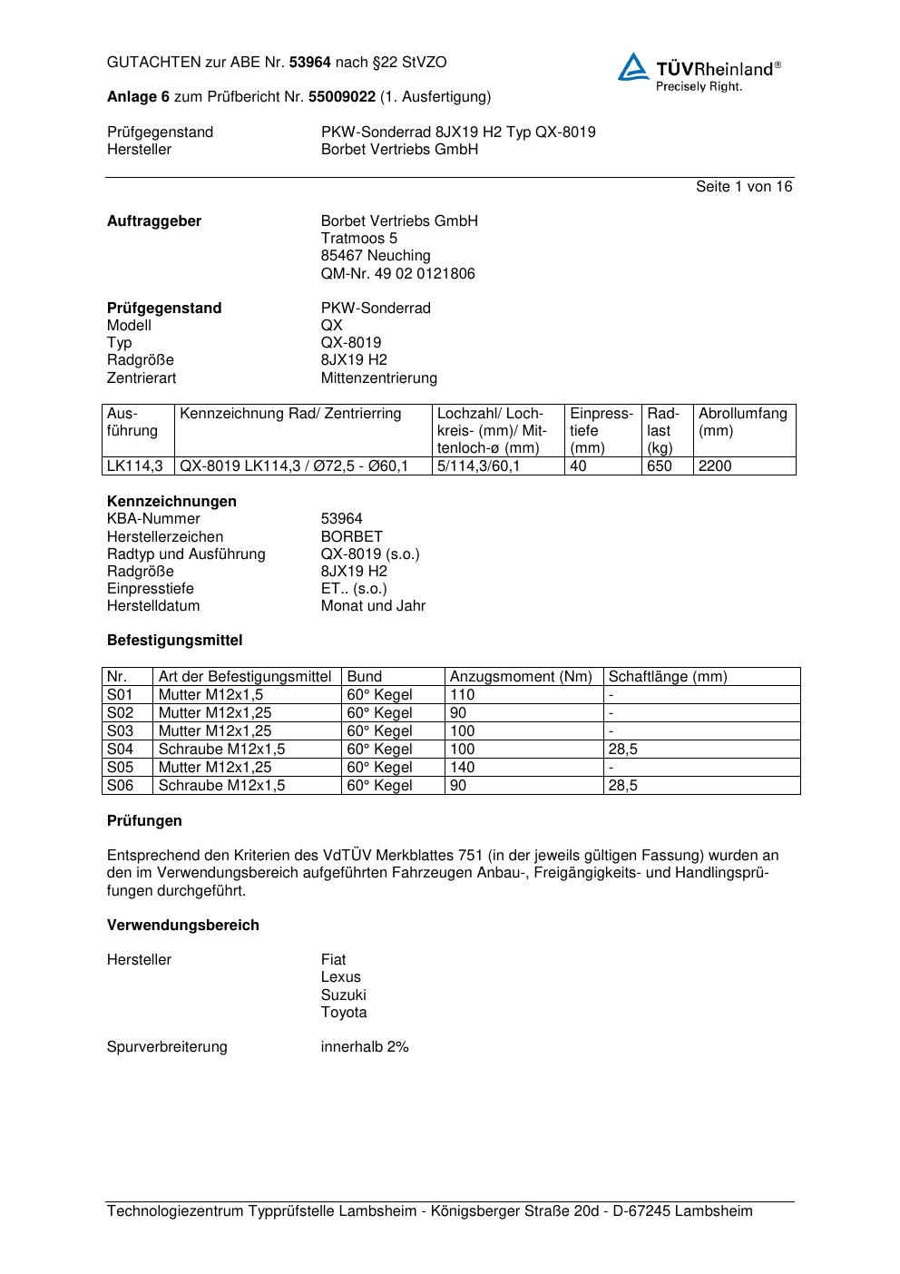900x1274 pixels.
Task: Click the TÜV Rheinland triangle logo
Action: [x=633, y=68]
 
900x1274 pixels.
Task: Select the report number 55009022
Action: [x=342, y=96]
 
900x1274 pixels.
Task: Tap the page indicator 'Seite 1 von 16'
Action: [x=743, y=187]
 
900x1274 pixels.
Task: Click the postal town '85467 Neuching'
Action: [x=376, y=256]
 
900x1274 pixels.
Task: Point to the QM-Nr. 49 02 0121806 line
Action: [x=397, y=274]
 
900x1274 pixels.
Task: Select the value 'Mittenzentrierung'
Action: [x=378, y=377]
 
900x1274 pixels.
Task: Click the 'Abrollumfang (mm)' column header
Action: [x=742, y=422]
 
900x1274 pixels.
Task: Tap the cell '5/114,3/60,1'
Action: [x=478, y=466]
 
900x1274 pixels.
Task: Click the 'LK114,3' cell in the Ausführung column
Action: [x=134, y=466]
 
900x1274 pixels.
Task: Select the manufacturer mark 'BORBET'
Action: [x=351, y=536]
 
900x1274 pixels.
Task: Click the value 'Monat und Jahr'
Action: [x=373, y=606]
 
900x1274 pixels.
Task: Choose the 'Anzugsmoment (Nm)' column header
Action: [x=521, y=677]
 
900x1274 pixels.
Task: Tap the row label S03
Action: [x=120, y=731]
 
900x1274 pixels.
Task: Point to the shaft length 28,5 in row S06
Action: [x=622, y=786]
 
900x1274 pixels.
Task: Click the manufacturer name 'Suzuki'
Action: [x=343, y=995]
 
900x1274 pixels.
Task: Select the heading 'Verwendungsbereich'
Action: [x=182, y=926]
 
